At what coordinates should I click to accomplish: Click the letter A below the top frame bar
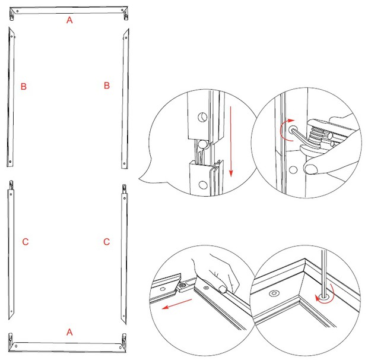(69, 20)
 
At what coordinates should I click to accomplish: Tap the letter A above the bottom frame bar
(69, 332)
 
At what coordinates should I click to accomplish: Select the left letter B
(24, 86)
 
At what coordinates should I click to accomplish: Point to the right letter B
(107, 86)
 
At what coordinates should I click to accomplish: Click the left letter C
(26, 242)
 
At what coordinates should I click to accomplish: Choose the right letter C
(107, 242)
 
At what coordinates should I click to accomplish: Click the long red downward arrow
(231, 141)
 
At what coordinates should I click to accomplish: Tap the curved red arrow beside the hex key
(286, 130)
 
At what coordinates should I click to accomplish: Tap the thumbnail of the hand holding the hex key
(311, 169)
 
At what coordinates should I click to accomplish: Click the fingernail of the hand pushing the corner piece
(223, 288)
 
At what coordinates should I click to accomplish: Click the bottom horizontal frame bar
(68, 343)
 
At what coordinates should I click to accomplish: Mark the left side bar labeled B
(11, 97)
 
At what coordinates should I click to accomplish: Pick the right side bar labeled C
(124, 254)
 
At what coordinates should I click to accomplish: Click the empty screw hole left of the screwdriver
(274, 293)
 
